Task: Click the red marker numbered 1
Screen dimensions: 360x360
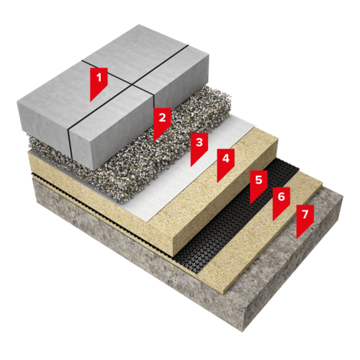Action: (x=99, y=81)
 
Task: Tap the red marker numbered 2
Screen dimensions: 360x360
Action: (x=162, y=121)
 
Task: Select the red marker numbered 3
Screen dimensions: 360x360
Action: (x=199, y=146)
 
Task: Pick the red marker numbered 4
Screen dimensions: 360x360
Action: (x=225, y=163)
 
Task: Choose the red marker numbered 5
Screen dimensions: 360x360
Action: (x=258, y=184)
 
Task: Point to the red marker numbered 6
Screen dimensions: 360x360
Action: (x=282, y=201)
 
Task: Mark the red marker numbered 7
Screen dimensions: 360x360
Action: (x=305, y=218)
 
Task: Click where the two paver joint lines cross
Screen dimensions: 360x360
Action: (x=132, y=84)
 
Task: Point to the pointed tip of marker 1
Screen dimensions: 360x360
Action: (x=90, y=102)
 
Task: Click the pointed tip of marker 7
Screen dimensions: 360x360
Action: (x=297, y=239)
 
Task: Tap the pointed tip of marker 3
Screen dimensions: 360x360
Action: (x=191, y=166)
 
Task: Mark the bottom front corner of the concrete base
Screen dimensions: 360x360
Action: (x=242, y=332)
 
